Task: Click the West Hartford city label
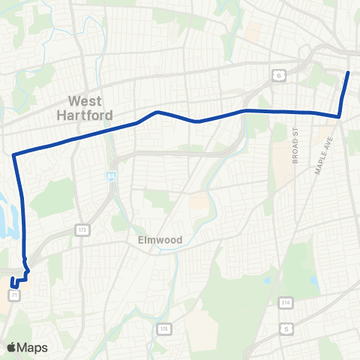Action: [89, 108]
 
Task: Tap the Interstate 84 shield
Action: [109, 175]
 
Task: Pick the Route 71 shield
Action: [14, 296]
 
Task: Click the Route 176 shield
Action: [163, 328]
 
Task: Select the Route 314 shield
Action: [285, 301]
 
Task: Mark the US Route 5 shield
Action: [286, 328]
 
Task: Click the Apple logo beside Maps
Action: [11, 347]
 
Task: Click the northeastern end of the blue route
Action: [349, 72]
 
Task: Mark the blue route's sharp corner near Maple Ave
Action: [339, 116]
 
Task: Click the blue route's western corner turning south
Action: [14, 155]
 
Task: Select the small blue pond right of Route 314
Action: [313, 283]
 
